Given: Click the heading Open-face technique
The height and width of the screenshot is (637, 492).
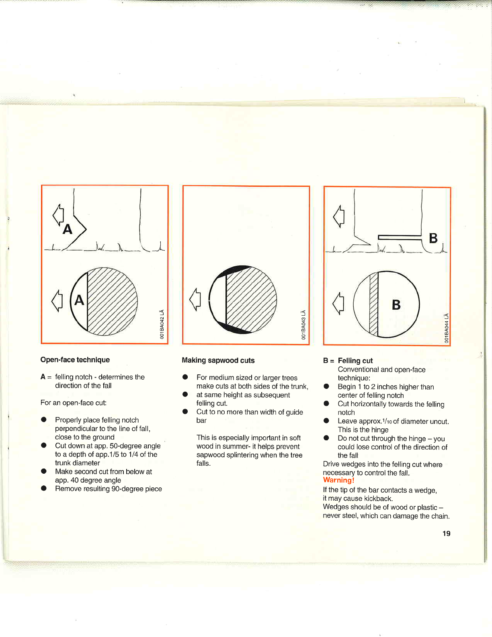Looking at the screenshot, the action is tap(75, 360).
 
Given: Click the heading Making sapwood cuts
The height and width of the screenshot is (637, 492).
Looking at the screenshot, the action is tap(218, 360).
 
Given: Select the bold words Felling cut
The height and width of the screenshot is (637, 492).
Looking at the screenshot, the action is tap(355, 361).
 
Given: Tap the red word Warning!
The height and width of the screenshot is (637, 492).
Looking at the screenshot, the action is tap(338, 480).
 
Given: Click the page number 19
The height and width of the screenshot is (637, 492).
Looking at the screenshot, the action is tap(446, 534).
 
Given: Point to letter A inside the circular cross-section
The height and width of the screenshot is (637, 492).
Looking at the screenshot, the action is tap(79, 300).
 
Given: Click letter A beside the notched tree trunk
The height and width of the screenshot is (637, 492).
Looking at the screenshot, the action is tap(68, 229).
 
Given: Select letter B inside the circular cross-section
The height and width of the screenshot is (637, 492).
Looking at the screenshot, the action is tap(396, 305).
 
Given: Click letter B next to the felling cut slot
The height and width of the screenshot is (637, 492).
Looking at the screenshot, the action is tap(433, 238).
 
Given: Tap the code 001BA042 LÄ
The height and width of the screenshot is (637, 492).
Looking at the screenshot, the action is tap(162, 324).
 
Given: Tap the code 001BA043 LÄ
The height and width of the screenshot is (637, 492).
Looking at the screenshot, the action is tap(304, 325).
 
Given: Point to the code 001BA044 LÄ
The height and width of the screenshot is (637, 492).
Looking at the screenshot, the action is tap(446, 328).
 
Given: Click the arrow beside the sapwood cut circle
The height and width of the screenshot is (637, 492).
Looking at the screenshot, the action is tap(195, 299).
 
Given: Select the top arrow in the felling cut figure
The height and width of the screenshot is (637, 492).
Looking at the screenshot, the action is tap(339, 216).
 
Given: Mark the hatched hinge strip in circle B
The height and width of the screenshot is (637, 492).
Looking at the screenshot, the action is tap(374, 304).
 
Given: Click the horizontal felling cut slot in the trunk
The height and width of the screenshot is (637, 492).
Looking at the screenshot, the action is tap(399, 237).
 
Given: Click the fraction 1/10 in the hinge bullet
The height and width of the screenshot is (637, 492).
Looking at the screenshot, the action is tap(387, 421).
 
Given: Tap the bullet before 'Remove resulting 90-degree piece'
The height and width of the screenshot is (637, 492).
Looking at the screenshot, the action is tap(44, 489).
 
